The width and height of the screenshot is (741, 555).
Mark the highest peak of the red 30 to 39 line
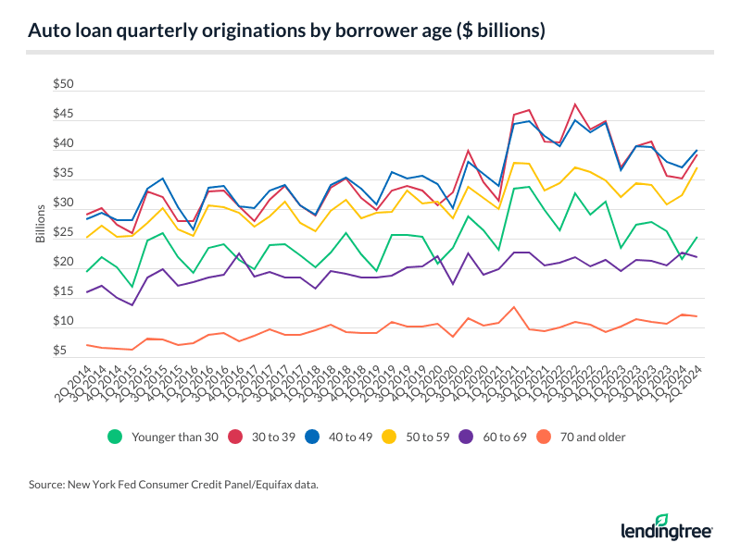(575, 104)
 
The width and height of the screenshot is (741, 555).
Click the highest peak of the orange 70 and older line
(514, 306)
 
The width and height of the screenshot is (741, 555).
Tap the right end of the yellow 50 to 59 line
(697, 167)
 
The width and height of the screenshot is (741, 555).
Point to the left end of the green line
(87, 271)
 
